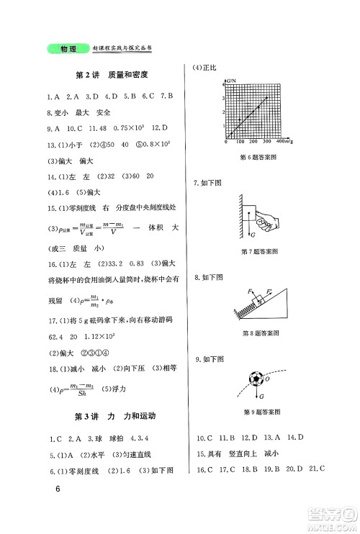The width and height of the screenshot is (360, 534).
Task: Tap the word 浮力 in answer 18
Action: [143, 389]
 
